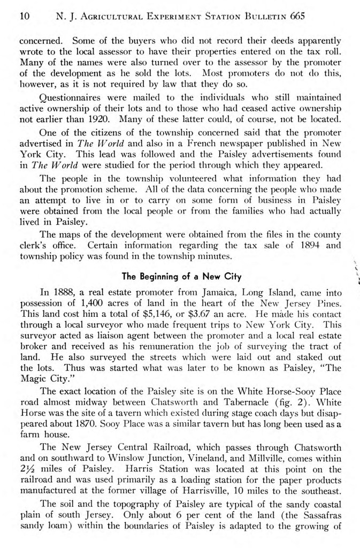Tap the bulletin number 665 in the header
tap(297, 17)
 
